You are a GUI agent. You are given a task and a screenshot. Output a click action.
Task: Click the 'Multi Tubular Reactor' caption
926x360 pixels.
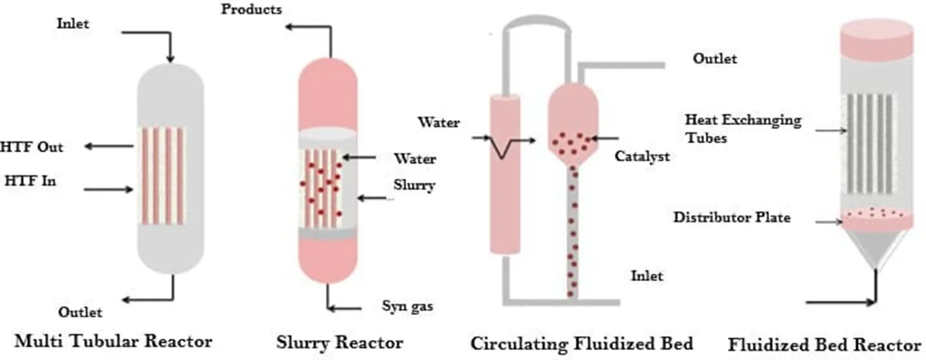coord(113,341)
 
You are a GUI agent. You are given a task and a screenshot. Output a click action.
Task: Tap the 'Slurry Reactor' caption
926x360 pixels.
coord(339,343)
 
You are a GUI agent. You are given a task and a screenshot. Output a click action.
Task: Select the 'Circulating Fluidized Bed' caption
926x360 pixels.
coord(581,344)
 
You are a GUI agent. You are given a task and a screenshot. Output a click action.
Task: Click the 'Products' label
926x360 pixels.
coord(251,9)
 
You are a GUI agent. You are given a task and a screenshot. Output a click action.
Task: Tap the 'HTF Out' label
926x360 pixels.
coord(32,146)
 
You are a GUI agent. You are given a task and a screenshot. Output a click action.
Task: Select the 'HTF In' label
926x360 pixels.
coord(30,181)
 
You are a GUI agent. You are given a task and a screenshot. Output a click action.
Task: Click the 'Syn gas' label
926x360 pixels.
coord(407,306)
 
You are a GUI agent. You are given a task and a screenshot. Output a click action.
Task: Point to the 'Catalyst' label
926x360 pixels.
coord(642,156)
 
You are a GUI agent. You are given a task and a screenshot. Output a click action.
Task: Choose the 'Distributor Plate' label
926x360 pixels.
coord(731,217)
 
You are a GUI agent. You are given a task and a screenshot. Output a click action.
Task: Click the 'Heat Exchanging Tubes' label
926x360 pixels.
coord(743,128)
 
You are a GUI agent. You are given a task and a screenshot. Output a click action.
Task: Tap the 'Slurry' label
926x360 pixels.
coord(414,185)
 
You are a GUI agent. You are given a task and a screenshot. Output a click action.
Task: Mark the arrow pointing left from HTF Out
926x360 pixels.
coord(108,146)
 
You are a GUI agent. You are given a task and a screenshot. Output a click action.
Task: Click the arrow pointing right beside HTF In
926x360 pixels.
coord(108,189)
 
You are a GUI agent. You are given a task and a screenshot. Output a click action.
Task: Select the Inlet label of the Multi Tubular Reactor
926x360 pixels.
coord(73,23)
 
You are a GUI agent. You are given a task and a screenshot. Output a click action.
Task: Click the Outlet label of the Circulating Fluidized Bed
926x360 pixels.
coord(715,58)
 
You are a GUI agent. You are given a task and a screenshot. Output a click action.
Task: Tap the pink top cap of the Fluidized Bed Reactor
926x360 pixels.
coord(876,38)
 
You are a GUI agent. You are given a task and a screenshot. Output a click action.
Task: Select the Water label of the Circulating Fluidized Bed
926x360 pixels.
coord(439,122)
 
